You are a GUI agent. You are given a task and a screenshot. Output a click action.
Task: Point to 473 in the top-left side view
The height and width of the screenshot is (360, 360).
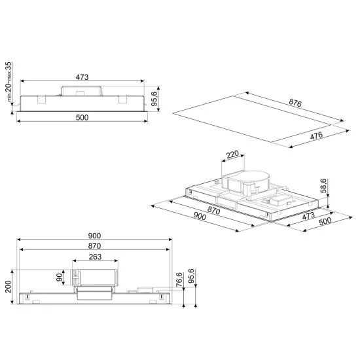[82, 77]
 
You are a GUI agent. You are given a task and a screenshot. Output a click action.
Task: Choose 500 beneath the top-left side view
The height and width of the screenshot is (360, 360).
[82, 118]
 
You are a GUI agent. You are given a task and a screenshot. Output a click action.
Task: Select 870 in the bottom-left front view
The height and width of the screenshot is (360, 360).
[94, 246]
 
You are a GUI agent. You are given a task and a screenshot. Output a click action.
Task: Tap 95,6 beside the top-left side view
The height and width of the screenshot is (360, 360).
[155, 99]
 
